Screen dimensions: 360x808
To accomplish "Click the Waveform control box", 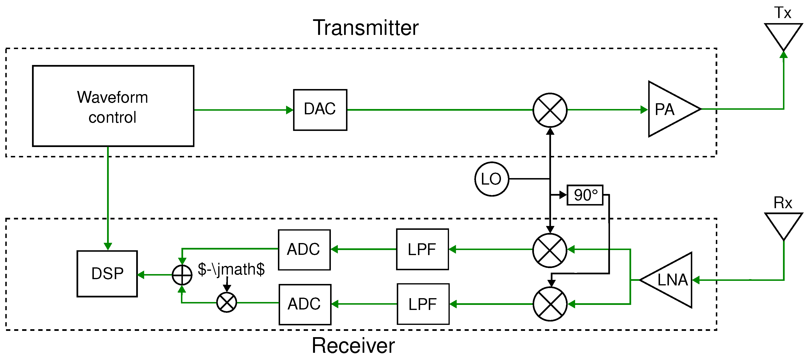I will tap(113, 106).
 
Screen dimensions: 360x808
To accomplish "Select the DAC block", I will tap(320, 110).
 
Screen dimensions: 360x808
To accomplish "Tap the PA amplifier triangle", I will tap(668, 109).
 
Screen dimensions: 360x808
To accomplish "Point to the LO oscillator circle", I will tap(492, 179).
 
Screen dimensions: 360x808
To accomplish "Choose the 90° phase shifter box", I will tap(585, 195).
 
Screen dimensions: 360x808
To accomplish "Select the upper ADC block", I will tap(304, 250).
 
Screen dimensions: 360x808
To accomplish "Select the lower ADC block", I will tap(305, 304).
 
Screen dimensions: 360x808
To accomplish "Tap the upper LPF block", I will tap(422, 249).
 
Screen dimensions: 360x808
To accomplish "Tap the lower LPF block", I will tap(423, 304).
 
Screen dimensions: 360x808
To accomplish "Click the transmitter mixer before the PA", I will tap(550, 110).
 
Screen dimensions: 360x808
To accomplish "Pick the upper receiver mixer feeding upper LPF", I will tap(550, 250).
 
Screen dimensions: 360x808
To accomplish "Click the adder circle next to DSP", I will tap(182, 275).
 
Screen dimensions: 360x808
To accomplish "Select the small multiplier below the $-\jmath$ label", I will tap(226, 302).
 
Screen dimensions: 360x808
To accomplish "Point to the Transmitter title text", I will tap(366, 28).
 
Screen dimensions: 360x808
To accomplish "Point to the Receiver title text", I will tap(353, 346).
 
